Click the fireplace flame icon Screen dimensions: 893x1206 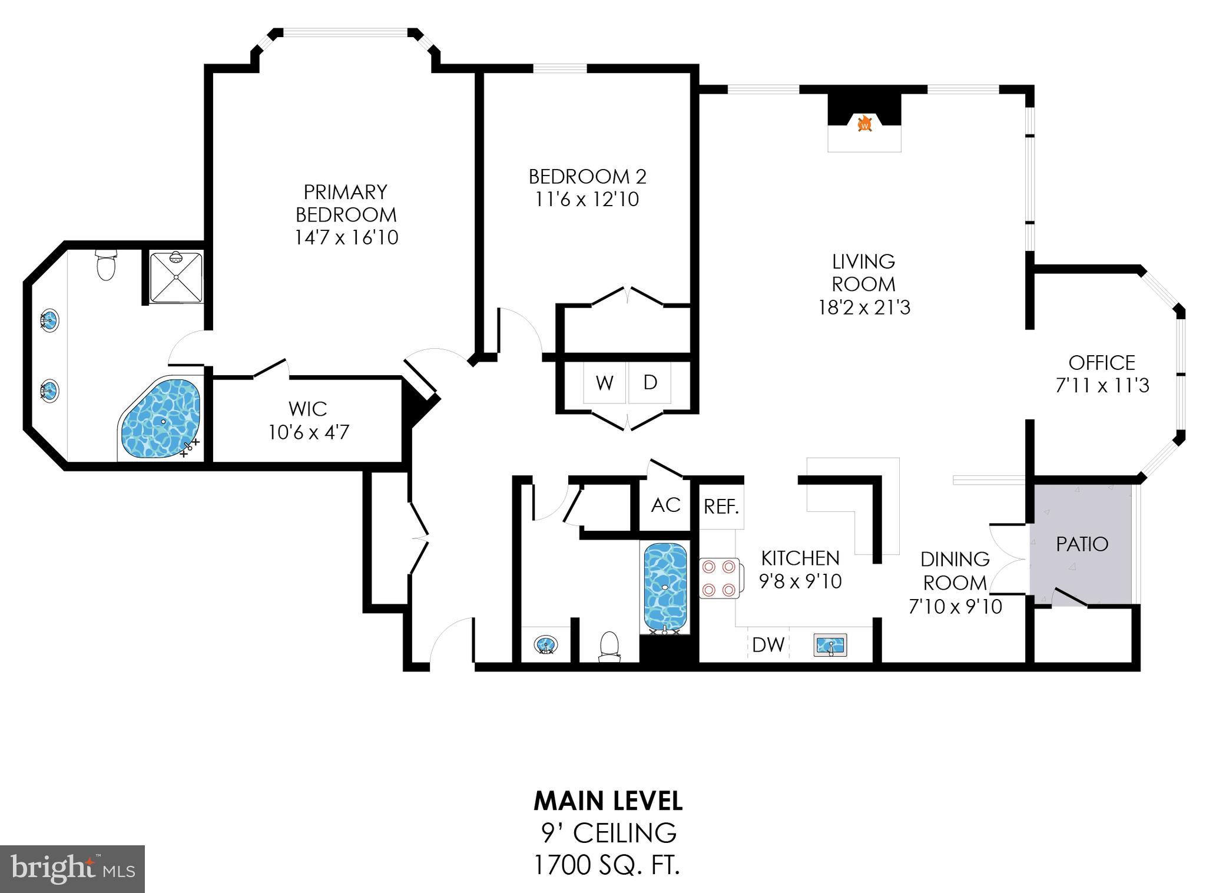(x=864, y=124)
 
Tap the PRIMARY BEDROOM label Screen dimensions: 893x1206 (x=346, y=203)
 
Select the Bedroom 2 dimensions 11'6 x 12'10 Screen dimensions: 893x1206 (x=587, y=200)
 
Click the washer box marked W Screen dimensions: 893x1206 (x=605, y=383)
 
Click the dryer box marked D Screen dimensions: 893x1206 (x=650, y=383)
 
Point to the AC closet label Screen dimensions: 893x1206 (x=665, y=505)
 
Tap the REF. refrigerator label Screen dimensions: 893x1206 (x=721, y=507)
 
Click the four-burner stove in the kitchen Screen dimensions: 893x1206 (x=719, y=578)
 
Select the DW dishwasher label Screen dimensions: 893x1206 (x=768, y=645)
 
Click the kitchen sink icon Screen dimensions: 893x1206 (x=830, y=645)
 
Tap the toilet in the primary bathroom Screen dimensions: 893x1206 (x=106, y=265)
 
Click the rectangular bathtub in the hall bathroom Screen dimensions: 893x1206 (x=665, y=587)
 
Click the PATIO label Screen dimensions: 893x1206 (x=1082, y=544)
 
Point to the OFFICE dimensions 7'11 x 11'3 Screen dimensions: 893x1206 (x=1102, y=386)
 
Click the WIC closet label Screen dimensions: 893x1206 (x=308, y=409)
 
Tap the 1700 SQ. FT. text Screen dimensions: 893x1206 (x=607, y=866)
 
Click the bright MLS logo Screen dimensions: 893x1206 (x=72, y=869)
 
